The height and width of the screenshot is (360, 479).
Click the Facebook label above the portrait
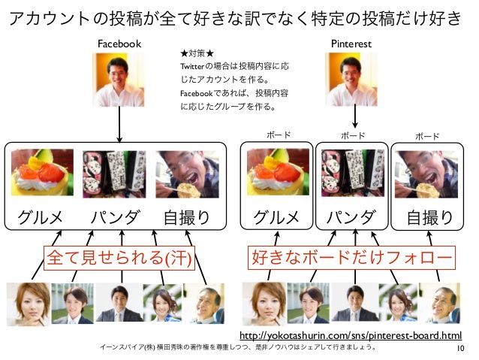click(x=119, y=44)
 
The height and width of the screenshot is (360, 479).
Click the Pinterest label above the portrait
click(x=351, y=44)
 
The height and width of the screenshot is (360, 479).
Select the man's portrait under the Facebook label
click(x=120, y=78)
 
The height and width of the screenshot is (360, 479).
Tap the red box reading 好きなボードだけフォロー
click(x=352, y=259)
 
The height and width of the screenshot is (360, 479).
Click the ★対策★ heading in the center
click(x=197, y=54)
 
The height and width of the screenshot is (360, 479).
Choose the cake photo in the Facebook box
click(x=43, y=172)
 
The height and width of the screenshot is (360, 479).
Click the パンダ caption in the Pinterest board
click(x=351, y=218)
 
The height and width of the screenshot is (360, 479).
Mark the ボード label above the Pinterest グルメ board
click(x=279, y=136)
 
